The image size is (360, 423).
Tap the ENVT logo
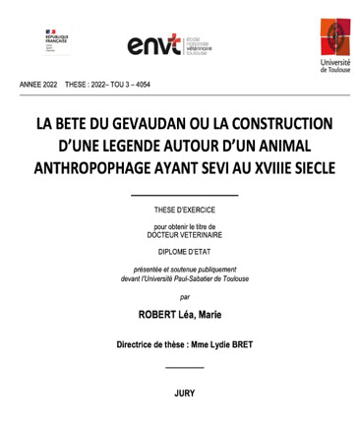[x=167, y=43]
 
